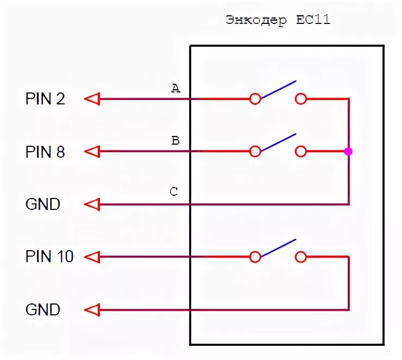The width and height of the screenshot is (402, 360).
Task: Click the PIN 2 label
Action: click(45, 99)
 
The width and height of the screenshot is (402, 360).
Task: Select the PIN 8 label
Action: click(45, 152)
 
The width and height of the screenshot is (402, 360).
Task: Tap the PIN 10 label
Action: click(49, 256)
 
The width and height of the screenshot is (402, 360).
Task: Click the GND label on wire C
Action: click(43, 204)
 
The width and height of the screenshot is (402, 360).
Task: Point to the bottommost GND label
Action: click(43, 310)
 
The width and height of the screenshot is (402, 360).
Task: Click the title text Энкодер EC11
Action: click(278, 21)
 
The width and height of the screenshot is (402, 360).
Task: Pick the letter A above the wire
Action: click(175, 88)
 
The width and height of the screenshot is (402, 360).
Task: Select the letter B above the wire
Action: click(175, 141)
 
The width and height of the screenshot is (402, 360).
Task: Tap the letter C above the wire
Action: click(174, 192)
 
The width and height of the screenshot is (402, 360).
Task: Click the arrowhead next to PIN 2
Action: click(93, 99)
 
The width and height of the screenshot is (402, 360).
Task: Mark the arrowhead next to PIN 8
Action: click(93, 152)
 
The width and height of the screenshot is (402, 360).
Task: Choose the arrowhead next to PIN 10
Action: click(93, 256)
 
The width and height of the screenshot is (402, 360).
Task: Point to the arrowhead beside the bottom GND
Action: click(93, 310)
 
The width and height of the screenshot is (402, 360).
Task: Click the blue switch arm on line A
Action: click(278, 90)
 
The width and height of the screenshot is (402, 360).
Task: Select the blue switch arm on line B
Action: click(278, 142)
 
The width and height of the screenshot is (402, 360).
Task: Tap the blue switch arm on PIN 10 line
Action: click(278, 247)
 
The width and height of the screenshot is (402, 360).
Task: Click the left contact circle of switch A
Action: click(255, 99)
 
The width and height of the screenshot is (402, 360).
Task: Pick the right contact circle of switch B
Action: click(300, 152)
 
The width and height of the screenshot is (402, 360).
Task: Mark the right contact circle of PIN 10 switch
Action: click(300, 256)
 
